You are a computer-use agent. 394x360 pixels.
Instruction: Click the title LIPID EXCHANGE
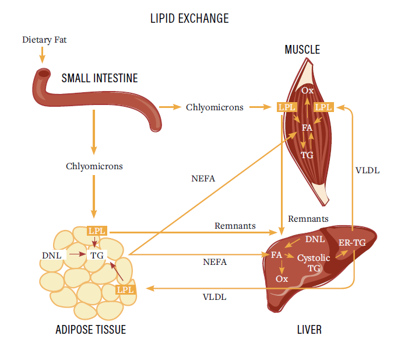coord(189,19)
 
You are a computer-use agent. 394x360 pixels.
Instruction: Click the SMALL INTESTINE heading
coord(100,78)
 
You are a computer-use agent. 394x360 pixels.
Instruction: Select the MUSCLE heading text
coord(302,50)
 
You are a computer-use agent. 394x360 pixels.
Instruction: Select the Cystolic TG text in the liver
coord(314,263)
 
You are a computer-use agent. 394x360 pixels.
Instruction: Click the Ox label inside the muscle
coord(307,90)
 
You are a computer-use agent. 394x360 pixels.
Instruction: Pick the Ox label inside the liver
coord(282,278)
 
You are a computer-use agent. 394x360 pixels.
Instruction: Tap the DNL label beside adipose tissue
coord(51,255)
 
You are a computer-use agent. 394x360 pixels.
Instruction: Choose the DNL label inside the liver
coord(315,239)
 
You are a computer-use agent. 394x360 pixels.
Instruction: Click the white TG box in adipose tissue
coord(97,255)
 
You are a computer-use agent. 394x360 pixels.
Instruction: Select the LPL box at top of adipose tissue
coord(97,230)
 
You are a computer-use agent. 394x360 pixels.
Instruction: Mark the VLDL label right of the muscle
coord(367,170)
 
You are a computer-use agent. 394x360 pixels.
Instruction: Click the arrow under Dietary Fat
coord(42,55)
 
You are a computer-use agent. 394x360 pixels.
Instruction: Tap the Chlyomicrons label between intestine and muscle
coord(214,107)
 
